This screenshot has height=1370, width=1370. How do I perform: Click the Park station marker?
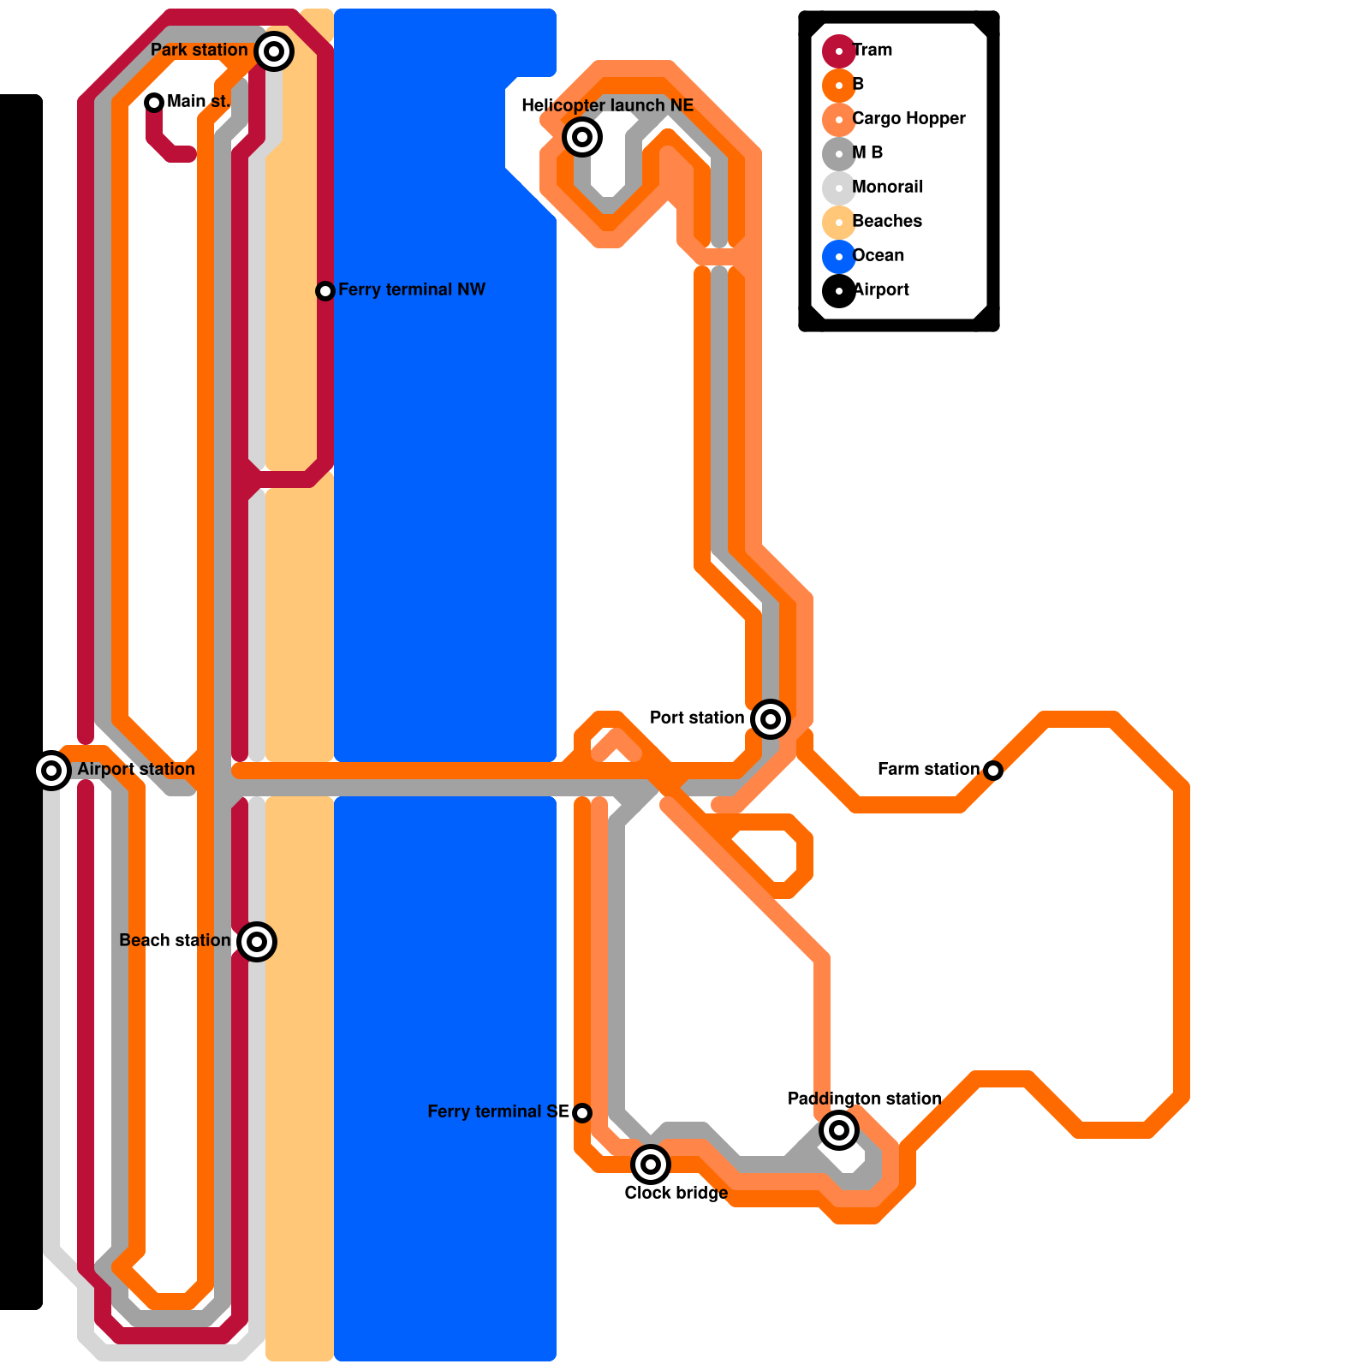tap(274, 51)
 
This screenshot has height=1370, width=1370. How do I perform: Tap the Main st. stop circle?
tap(154, 103)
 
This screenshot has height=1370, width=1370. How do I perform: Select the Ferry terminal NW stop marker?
tap(325, 291)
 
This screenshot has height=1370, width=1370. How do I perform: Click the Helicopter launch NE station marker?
tap(582, 137)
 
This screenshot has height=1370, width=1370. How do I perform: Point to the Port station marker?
tap(771, 719)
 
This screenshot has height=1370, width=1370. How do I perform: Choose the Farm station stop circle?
tap(993, 771)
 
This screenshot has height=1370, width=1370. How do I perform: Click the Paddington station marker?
tap(839, 1130)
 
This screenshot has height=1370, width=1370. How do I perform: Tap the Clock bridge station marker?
tap(651, 1164)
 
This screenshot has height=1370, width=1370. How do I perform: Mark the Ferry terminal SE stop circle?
tap(582, 1113)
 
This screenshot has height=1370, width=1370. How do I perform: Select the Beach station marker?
tap(257, 942)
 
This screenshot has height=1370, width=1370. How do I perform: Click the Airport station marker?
tap(51, 771)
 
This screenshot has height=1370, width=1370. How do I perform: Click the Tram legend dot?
tap(839, 51)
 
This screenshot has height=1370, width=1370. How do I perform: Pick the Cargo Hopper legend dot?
tap(839, 120)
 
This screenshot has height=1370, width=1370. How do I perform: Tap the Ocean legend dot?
tap(839, 257)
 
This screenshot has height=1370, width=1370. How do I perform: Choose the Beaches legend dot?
tap(839, 223)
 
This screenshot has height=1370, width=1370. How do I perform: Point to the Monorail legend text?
tap(888, 188)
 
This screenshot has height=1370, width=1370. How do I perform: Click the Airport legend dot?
tap(839, 291)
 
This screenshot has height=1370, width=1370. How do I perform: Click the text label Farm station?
tap(928, 770)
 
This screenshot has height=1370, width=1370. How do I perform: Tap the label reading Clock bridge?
tap(676, 1194)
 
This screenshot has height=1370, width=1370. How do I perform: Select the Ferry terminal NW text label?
tap(412, 290)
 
